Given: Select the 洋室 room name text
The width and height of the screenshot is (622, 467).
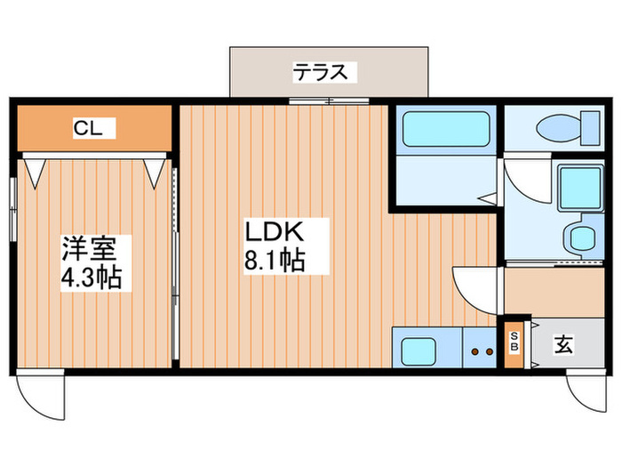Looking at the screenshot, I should coord(84,246).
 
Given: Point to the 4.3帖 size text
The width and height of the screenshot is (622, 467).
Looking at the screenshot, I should coord(92,277).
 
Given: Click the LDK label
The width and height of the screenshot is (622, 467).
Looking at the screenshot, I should coord(275,233).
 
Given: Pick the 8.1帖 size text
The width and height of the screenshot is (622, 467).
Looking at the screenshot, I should coord(275,262).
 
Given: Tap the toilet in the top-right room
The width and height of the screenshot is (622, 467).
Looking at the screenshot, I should coord(569,127).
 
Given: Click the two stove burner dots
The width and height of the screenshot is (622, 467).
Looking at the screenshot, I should coord(481,351).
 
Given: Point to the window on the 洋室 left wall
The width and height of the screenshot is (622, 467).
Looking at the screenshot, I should coord(12,209).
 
